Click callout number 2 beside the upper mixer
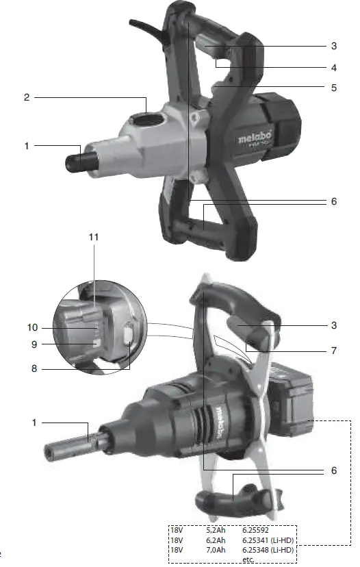point(27,97)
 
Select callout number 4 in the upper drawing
point(334,68)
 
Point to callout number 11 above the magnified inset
point(94,237)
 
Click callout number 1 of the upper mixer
point(27,145)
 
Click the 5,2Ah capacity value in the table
point(215,529)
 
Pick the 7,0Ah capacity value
point(215,549)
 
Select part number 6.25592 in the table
point(257,529)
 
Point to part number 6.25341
point(257,540)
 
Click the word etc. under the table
point(248,559)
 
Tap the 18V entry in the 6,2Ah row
point(178,540)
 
